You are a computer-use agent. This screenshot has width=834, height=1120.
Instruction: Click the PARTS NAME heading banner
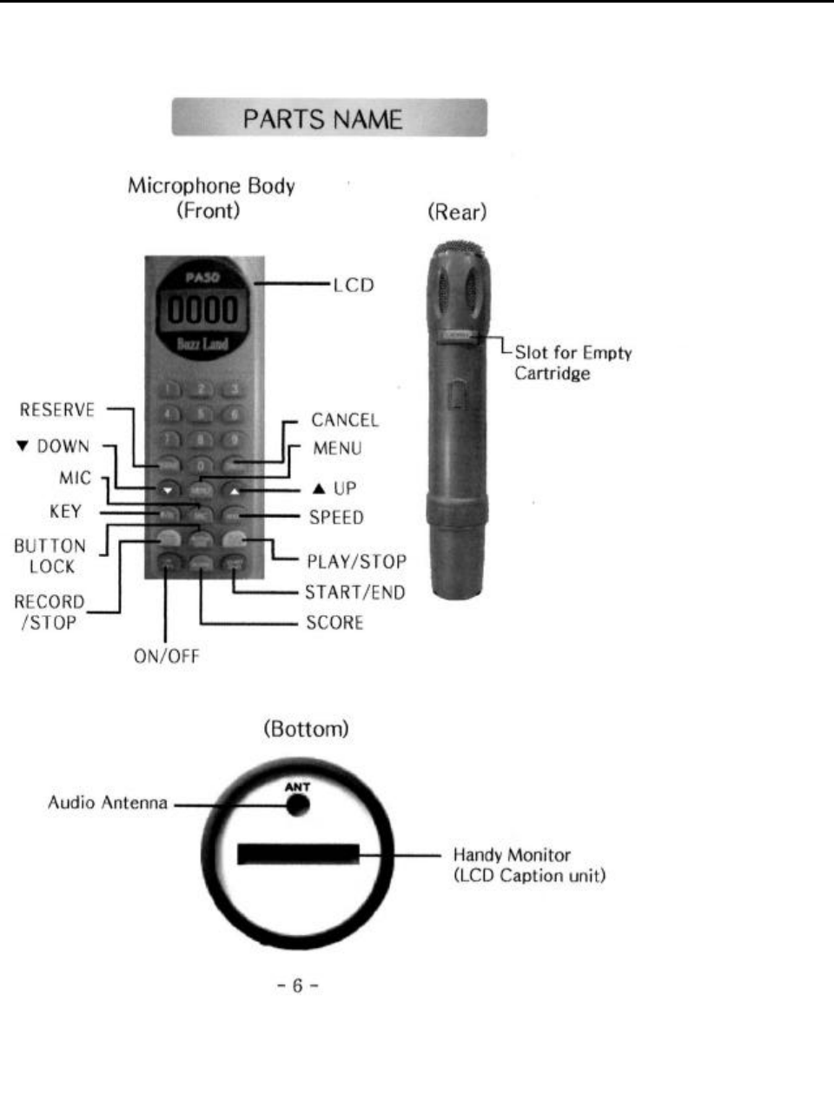pos(328,118)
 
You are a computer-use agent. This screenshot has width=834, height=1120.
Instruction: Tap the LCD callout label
pos(353,285)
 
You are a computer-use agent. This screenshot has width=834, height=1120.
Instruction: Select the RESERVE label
pos(57,410)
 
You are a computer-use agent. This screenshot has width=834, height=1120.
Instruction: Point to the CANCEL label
pos(345,421)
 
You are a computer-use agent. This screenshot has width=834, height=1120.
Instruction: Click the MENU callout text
pos(337,448)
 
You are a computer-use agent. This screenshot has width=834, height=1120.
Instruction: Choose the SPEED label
pos(336,518)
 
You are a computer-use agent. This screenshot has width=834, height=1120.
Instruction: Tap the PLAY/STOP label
pos(356,561)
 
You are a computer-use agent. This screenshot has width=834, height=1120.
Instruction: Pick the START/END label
pos(354,593)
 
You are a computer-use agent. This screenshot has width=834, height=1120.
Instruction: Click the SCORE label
pos(334,623)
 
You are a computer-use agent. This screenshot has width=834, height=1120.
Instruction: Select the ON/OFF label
pos(166,657)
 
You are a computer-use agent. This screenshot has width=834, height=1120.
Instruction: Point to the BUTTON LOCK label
pos(50,556)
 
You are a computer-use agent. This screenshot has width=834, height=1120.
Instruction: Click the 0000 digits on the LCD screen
pos(202,311)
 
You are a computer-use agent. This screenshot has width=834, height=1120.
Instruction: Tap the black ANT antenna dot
pos(298,805)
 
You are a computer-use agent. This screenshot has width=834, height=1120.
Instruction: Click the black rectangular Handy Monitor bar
pos(298,854)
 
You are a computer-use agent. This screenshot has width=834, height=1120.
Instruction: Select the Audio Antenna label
pos(108,803)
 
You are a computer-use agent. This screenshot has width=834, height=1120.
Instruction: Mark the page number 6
pos(298,985)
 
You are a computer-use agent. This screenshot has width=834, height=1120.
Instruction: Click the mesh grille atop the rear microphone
pos(458,249)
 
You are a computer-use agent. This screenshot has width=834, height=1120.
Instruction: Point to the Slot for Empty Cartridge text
pos(573,363)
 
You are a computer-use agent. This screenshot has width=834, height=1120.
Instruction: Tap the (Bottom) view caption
pos(306,729)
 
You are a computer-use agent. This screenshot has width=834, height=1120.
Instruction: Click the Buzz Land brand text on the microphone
pos(202,344)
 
